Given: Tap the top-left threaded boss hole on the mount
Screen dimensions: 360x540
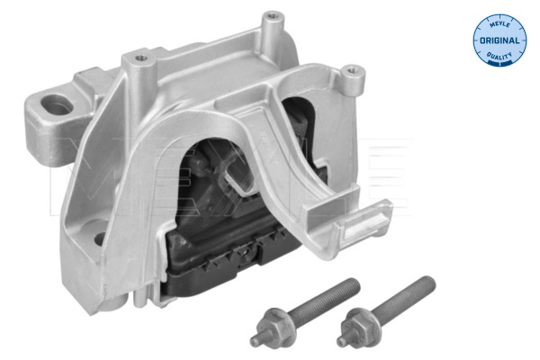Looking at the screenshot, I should click(x=139, y=59).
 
